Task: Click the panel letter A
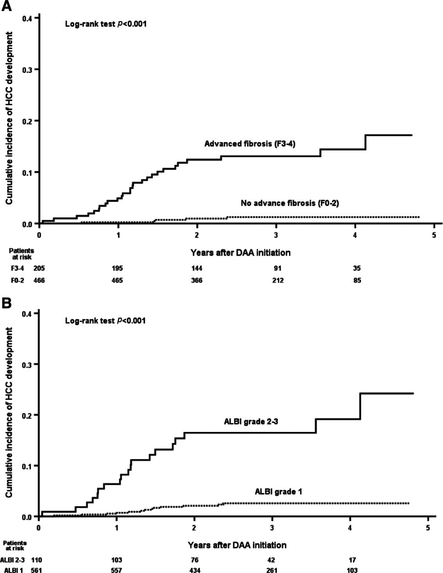tap(7, 6)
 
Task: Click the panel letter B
tap(7, 303)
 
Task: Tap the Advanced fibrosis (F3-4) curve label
tap(250, 144)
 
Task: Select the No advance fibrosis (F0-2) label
tap(290, 203)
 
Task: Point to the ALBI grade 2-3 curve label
tap(251, 421)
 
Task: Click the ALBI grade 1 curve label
tap(279, 492)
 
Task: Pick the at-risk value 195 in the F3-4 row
tap(117, 268)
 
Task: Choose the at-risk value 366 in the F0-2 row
tap(197, 280)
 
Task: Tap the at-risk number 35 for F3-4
tap(357, 268)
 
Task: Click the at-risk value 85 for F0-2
tap(357, 280)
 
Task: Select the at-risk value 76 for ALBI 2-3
tap(194, 560)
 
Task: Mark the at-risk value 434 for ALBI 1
tap(194, 570)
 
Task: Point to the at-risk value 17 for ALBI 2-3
tap(352, 560)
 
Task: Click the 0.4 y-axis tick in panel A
tap(28, 18)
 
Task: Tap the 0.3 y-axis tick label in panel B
tap(28, 364)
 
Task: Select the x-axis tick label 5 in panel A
tap(434, 235)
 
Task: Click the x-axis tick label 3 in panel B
tap(272, 528)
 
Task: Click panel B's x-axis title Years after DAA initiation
tap(237, 545)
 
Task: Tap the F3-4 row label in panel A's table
tap(17, 268)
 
